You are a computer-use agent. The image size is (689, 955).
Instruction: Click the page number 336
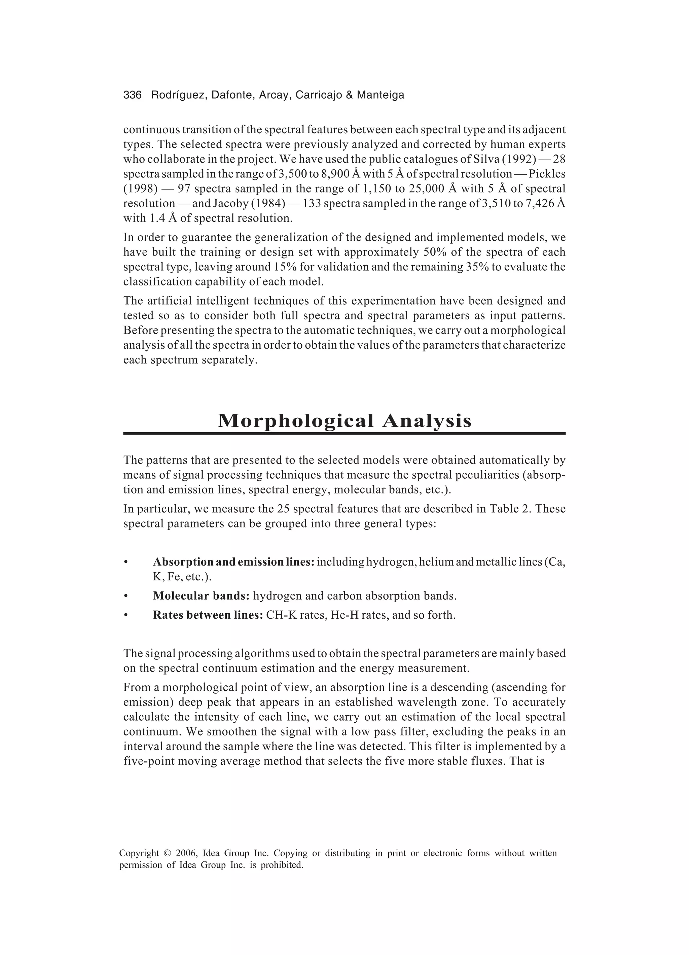[x=132, y=95]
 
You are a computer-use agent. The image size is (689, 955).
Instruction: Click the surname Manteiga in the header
[x=380, y=95]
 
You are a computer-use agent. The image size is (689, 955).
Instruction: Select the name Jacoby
[x=231, y=203]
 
